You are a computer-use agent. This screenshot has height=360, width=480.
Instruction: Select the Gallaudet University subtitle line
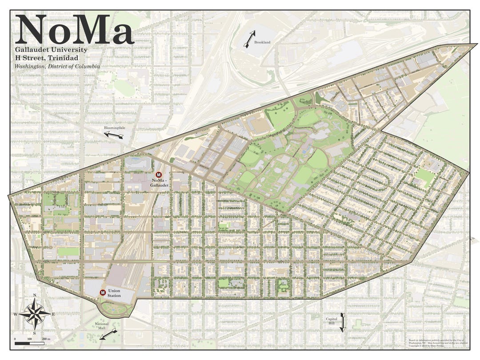51,50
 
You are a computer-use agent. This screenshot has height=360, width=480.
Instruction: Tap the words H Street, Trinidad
47,58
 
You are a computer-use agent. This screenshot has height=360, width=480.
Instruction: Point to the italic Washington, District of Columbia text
57,66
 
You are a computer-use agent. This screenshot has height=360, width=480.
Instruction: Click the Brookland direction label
262,42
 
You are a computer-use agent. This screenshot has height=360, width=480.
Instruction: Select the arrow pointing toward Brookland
249,39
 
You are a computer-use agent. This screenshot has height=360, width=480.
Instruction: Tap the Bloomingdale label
113,128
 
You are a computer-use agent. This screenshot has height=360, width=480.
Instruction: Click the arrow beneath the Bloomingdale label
114,135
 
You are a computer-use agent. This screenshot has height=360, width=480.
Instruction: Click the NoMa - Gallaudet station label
160,183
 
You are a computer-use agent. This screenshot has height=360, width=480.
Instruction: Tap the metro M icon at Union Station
103,292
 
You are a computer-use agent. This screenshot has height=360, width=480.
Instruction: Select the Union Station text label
114,293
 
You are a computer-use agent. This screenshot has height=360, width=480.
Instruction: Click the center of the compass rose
34,314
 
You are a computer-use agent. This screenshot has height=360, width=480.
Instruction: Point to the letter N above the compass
34,296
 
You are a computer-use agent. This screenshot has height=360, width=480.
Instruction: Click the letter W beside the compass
16,314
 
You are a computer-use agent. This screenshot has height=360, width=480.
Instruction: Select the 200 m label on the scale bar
46,339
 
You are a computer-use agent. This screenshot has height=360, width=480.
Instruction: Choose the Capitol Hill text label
332,321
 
